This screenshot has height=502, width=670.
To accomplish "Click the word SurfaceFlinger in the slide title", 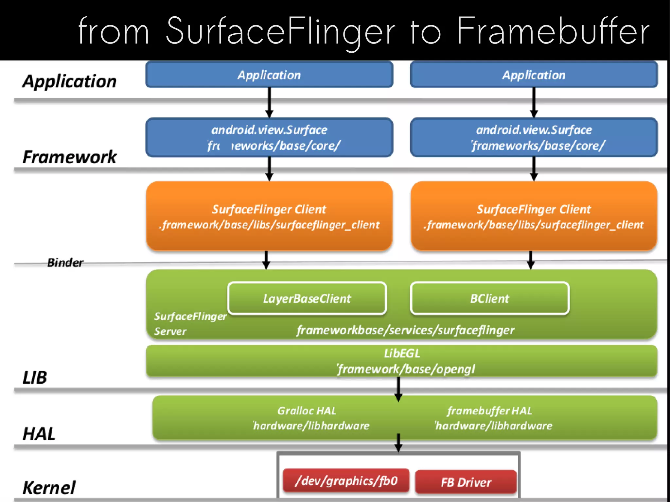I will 280,31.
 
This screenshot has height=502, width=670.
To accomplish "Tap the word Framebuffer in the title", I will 553,31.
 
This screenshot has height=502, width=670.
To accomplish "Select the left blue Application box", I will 269,75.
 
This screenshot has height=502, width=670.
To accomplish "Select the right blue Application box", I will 534,75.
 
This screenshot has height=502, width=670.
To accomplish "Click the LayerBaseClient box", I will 307,298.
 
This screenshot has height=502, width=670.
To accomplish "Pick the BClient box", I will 489,298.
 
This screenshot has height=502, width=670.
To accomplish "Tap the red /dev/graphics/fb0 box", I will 346,481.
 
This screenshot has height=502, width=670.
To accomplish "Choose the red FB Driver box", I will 466,482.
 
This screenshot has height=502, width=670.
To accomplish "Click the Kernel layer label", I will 49,487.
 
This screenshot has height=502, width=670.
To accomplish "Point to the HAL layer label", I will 39,434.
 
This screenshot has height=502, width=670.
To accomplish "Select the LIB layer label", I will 35,377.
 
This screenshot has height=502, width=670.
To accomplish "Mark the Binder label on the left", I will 65,262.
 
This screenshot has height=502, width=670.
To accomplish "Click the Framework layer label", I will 69,157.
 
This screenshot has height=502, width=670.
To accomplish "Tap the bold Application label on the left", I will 69,81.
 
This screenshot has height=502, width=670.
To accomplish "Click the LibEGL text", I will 402,354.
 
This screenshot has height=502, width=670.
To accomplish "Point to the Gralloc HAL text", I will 307,410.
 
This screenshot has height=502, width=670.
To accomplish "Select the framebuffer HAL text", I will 489,410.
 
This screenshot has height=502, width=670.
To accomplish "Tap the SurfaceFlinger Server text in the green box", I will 190,323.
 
